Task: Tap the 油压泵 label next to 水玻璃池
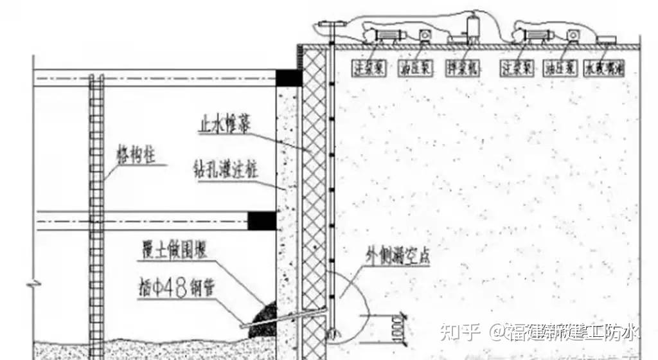[x=558, y=67]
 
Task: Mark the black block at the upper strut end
[x=289, y=77]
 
